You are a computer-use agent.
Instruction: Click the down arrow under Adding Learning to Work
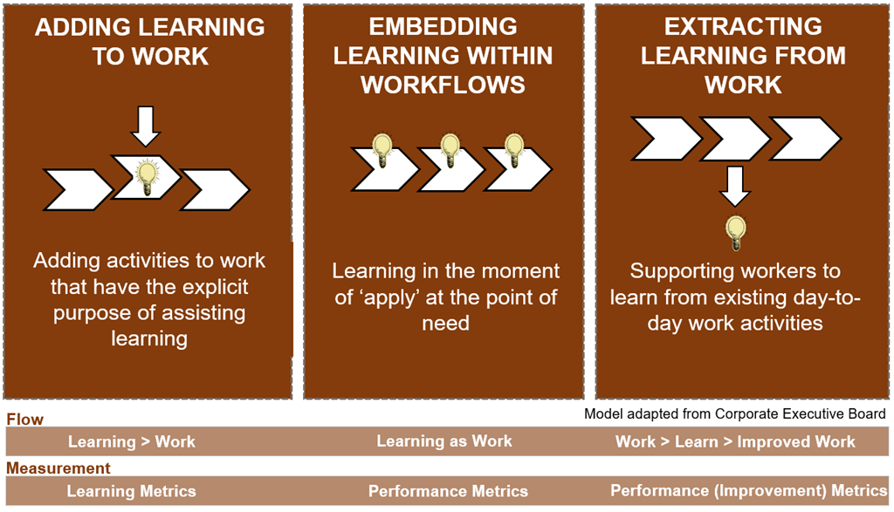pos(146,126)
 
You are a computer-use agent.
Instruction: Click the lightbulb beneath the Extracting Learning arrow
pos(735,233)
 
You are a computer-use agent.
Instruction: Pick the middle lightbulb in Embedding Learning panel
pos(450,150)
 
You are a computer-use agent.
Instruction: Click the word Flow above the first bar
pos(25,420)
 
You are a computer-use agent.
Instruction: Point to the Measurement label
pos(58,468)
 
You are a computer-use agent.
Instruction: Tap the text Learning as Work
pos(444,440)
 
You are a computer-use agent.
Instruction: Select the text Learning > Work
pos(132,441)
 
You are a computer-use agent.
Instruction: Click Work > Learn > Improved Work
pos(735,441)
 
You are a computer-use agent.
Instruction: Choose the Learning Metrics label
pos(131,491)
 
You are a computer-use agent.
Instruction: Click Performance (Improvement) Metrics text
pos(748,490)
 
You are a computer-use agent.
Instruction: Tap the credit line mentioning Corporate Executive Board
pos(735,413)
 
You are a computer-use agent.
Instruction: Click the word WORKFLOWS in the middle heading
pos(443,85)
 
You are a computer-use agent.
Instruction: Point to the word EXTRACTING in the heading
pos(743,27)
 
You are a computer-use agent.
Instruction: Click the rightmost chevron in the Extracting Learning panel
pos(804,139)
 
